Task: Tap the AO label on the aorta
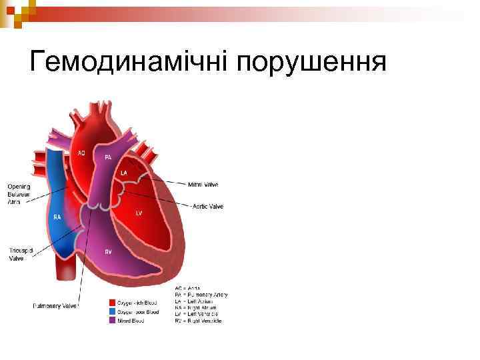click(x=81, y=153)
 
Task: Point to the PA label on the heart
click(x=108, y=157)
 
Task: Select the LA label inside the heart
click(x=123, y=173)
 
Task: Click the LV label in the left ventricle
click(x=139, y=213)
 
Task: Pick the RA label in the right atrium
click(x=57, y=217)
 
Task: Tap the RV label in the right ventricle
click(x=108, y=251)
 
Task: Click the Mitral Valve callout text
click(x=203, y=184)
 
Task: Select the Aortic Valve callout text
click(x=208, y=207)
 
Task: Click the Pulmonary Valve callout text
click(x=55, y=306)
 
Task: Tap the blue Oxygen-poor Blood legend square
click(x=112, y=312)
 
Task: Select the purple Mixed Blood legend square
click(x=112, y=321)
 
